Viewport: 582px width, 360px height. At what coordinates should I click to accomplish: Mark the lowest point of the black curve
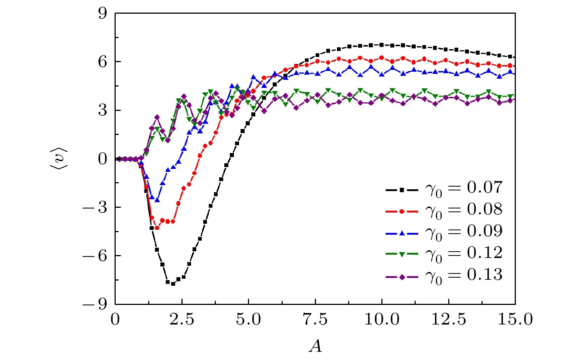[173, 284]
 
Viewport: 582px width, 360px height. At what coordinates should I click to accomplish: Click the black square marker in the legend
[402, 190]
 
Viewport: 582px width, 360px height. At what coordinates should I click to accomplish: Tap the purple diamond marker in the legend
[402, 277]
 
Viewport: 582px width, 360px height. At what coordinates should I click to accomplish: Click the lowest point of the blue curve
[157, 200]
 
